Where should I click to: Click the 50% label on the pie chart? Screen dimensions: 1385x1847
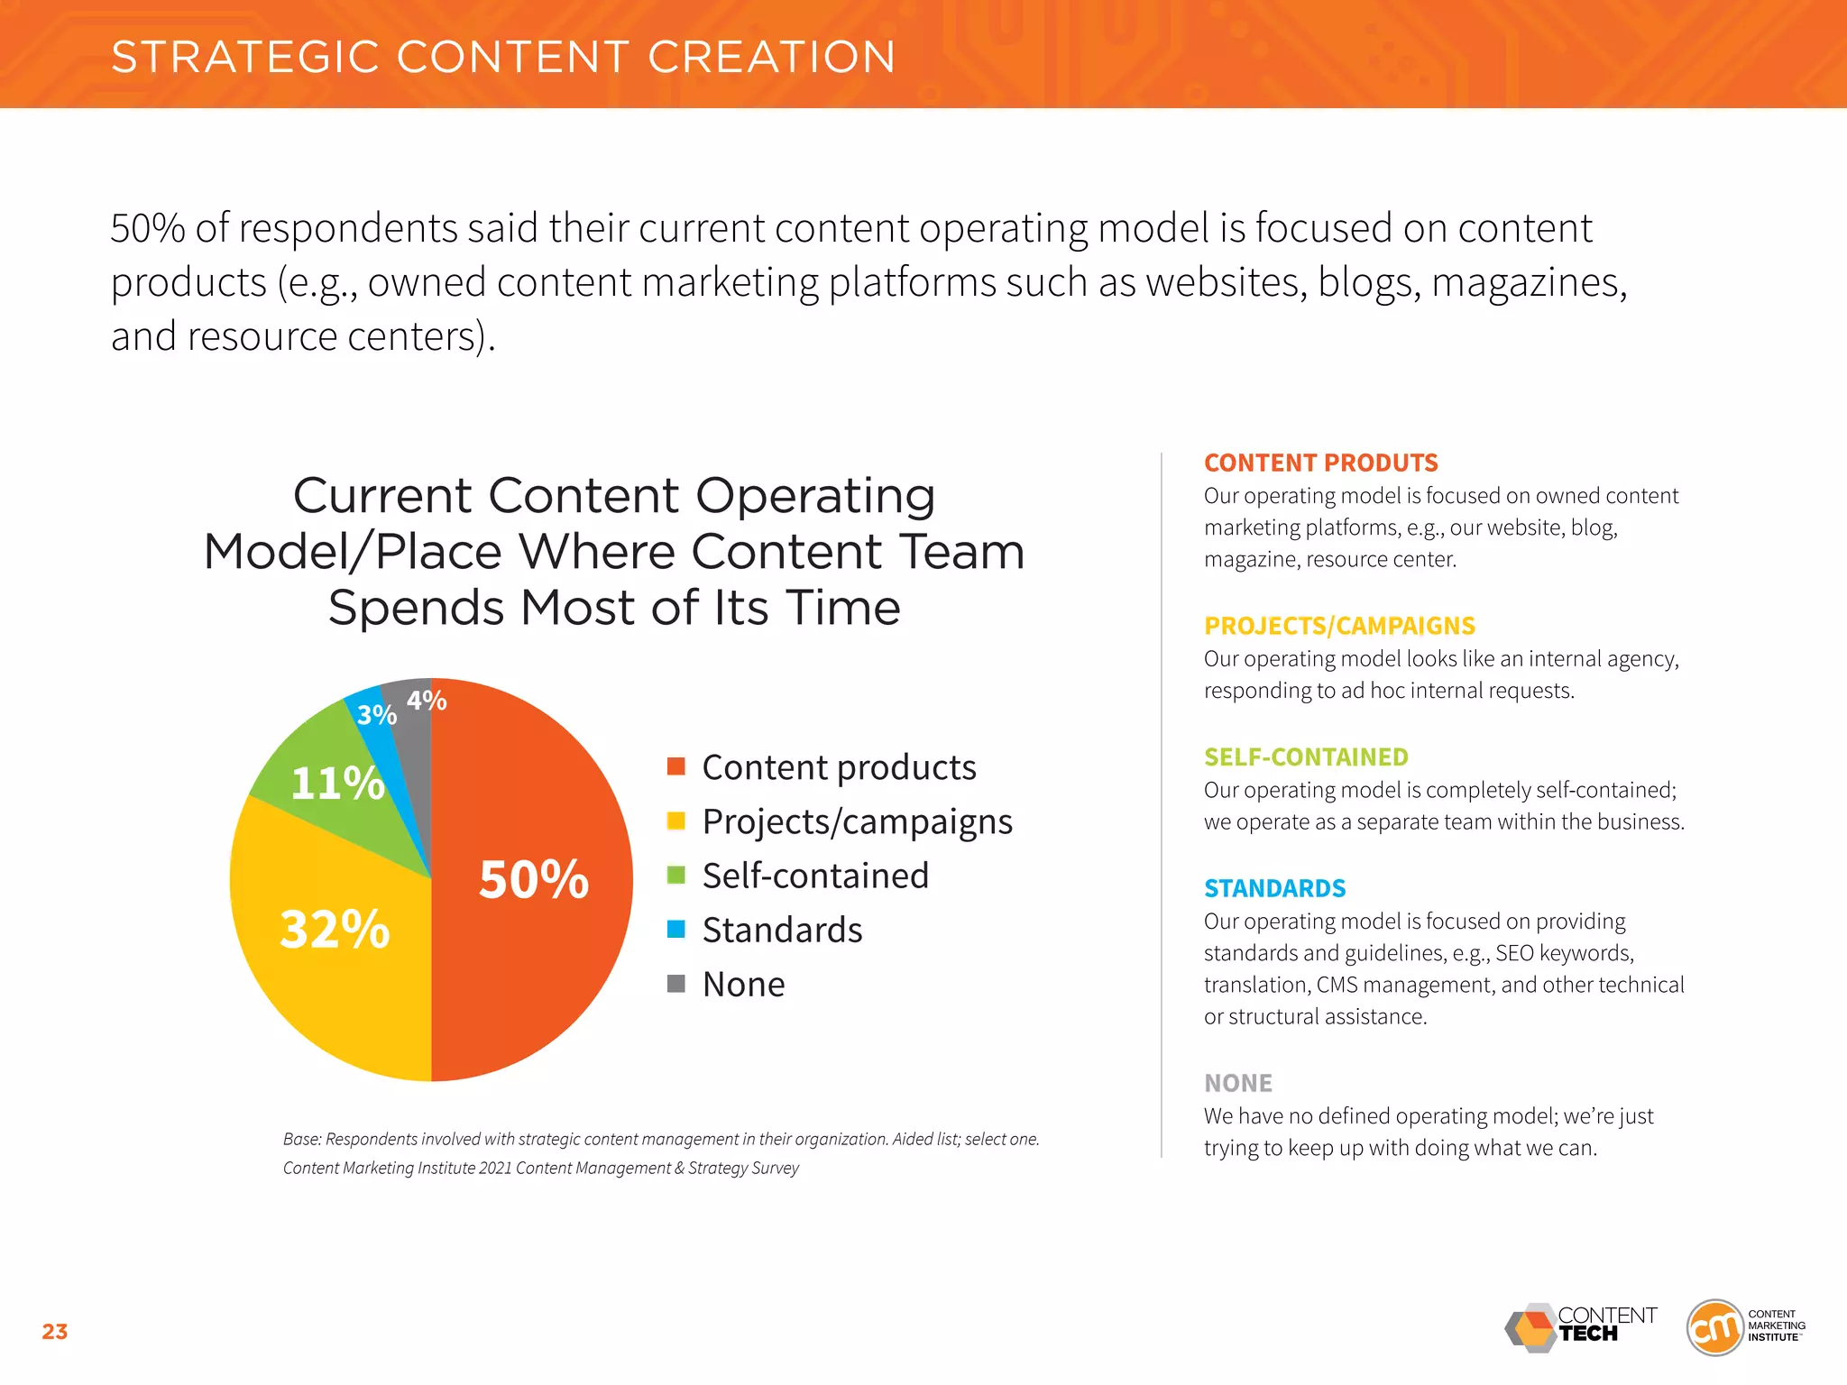(x=533, y=879)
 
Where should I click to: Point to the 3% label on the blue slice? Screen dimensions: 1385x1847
(x=376, y=715)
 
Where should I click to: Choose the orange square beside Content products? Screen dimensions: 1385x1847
(x=675, y=766)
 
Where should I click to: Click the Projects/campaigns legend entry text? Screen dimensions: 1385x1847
(x=857, y=821)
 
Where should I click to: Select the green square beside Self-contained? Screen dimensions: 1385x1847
(x=675, y=875)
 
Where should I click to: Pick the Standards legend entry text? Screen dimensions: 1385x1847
(x=782, y=930)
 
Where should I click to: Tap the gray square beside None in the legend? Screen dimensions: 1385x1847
(x=675, y=983)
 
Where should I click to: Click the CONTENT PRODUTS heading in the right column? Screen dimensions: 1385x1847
(x=1320, y=463)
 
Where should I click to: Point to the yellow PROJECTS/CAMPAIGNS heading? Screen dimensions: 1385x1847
(x=1339, y=626)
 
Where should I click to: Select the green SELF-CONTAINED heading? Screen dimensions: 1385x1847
(x=1306, y=757)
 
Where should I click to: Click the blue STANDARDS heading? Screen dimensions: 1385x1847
(x=1274, y=888)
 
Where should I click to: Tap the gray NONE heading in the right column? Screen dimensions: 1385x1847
(x=1238, y=1083)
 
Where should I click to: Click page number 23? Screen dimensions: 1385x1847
(x=55, y=1332)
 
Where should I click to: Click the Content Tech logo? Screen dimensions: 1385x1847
(x=1580, y=1327)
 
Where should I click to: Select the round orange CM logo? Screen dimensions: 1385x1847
(x=1714, y=1327)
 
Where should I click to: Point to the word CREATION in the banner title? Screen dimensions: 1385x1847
(x=771, y=57)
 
